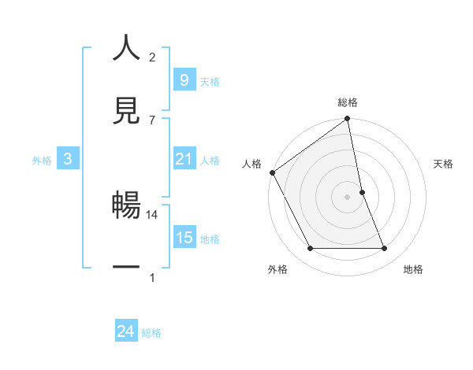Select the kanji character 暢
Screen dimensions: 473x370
tap(126, 206)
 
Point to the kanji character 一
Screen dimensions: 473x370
tap(126, 268)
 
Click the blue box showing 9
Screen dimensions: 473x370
tap(183, 80)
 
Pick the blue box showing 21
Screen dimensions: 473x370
tap(184, 160)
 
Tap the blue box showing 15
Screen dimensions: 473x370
tap(184, 238)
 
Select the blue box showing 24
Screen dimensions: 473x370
tap(125, 331)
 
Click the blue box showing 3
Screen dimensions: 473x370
tap(68, 160)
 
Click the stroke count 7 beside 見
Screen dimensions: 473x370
tap(152, 120)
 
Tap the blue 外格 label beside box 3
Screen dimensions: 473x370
tap(42, 161)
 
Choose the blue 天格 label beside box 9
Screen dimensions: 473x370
tap(210, 81)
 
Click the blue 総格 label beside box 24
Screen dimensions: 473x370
tap(151, 333)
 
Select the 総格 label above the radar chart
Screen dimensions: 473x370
tap(347, 102)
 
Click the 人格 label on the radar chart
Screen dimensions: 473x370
tap(251, 164)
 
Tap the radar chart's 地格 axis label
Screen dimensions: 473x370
tap(413, 269)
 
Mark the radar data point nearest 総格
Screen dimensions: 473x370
tap(347, 120)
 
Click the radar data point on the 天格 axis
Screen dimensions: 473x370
tap(362, 192)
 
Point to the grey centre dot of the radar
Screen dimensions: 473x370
tap(347, 197)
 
